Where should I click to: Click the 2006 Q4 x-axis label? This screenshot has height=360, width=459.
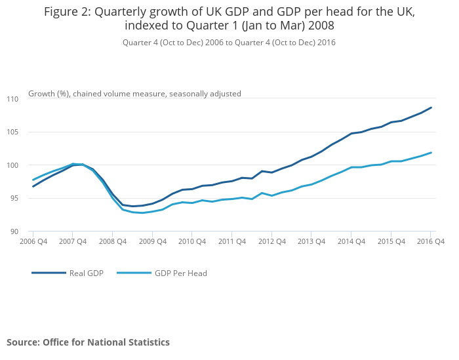point(33,242)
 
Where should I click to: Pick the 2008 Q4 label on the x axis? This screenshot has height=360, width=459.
point(112,242)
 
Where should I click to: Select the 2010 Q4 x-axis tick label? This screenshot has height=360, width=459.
point(191,242)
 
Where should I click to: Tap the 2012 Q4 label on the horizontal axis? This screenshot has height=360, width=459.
point(271,242)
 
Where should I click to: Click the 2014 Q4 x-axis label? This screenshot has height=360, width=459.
point(351,242)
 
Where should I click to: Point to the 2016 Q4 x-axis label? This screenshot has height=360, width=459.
point(431,242)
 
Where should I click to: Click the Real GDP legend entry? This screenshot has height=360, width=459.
point(86,273)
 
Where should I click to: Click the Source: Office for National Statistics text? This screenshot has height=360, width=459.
point(88,342)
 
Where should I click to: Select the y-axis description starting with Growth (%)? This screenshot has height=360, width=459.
point(134,94)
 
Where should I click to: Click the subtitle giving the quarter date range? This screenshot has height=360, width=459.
point(229,42)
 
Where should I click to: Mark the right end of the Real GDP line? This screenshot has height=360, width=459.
point(431,108)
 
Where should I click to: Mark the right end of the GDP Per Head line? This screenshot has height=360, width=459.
point(431,153)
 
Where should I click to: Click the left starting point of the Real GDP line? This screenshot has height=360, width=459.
point(33,186)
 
